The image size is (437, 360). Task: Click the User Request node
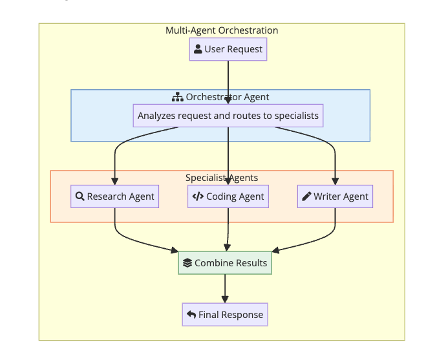click(x=228, y=49)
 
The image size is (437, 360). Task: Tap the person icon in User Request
click(x=198, y=49)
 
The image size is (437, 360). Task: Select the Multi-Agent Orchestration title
click(x=222, y=30)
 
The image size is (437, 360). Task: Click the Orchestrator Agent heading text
click(x=228, y=97)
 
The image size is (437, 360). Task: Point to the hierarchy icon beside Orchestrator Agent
click(x=177, y=97)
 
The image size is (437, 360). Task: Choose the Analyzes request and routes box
click(x=228, y=116)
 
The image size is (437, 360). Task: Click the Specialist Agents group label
click(x=222, y=178)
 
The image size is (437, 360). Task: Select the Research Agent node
click(x=114, y=196)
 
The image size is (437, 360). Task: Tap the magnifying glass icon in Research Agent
click(x=80, y=196)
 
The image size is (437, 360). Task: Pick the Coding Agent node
click(x=228, y=196)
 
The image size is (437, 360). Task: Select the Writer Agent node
click(x=335, y=196)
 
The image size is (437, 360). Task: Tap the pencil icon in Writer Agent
click(x=306, y=196)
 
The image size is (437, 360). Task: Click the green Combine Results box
click(x=225, y=263)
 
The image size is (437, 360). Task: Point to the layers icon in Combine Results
click(x=187, y=263)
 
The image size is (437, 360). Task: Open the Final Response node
click(x=225, y=315)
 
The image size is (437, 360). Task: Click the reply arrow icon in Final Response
click(x=191, y=315)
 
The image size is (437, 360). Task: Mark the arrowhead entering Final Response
click(x=225, y=299)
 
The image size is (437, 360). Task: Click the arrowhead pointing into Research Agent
click(x=114, y=181)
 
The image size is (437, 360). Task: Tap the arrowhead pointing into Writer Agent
click(x=335, y=181)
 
